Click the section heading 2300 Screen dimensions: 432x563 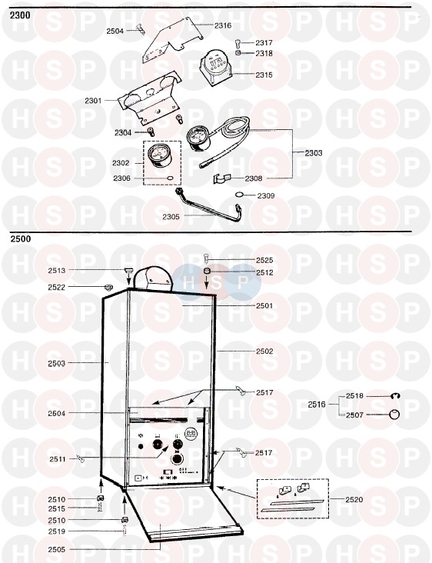[x=21, y=15]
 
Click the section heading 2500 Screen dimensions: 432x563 [x=21, y=238]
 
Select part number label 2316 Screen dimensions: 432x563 [x=223, y=25]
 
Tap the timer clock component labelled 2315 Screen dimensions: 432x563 [x=215, y=68]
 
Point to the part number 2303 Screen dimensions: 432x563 [x=314, y=153]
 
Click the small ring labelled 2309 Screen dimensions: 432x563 [x=239, y=195]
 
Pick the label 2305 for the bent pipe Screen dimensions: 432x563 [x=171, y=217]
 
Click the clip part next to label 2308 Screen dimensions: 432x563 [x=221, y=178]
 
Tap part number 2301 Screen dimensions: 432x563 [x=93, y=101]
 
